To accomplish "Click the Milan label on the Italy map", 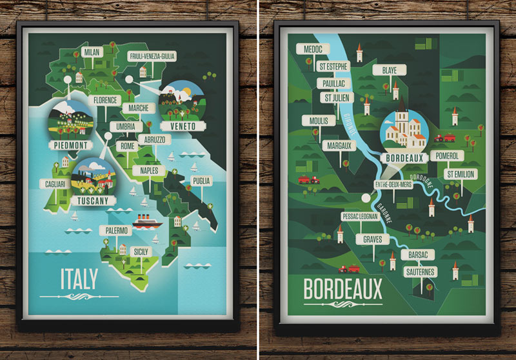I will click(93, 51).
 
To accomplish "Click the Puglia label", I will click(201, 181).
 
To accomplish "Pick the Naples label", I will click(150, 170).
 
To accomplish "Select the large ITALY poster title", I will click(79, 279).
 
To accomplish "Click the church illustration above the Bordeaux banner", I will click(402, 126).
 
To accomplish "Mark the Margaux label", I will click(339, 146).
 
